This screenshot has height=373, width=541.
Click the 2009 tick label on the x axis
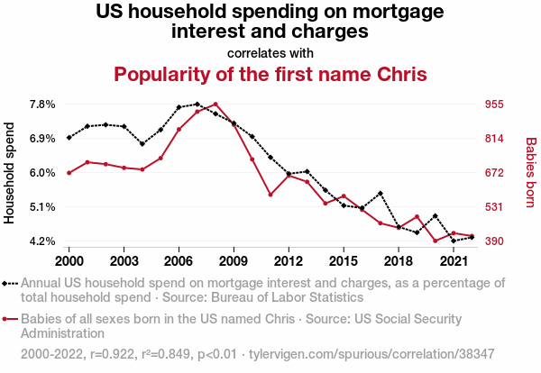234,260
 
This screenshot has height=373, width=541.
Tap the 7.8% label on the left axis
43,104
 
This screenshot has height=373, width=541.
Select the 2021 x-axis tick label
454,260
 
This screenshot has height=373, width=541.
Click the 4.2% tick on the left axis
43,241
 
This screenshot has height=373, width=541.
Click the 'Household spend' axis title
11,172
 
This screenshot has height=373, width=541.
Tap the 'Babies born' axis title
530,172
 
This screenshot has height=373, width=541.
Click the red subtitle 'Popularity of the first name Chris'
270,73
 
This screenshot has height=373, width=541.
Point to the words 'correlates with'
270,52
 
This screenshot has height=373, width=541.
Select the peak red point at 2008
215,104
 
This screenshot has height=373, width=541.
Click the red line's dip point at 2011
270,195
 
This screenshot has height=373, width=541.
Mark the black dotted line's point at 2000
69,138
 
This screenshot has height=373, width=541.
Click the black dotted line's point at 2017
381,193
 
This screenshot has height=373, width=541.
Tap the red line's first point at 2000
69,173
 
